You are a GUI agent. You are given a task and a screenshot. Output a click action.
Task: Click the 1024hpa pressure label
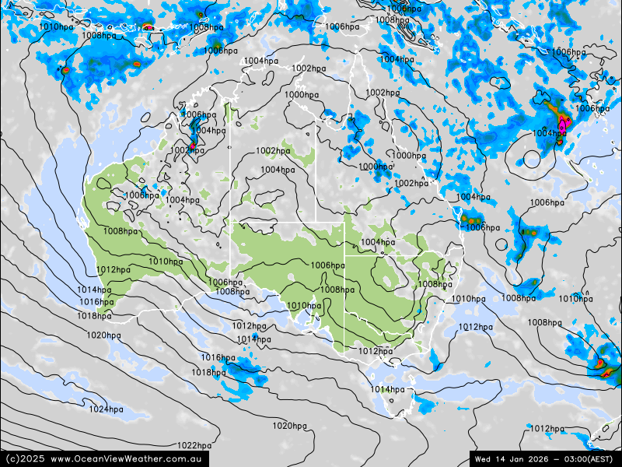pos(106,409)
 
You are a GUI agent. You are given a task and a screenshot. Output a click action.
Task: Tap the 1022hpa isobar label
pos(194,446)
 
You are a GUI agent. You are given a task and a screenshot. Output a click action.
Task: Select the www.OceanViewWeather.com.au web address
pos(128,459)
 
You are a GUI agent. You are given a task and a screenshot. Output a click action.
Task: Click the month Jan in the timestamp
pos(517,458)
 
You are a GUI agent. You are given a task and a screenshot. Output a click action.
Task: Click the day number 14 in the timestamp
pos(500,458)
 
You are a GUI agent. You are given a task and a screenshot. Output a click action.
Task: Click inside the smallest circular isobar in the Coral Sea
pos(531,160)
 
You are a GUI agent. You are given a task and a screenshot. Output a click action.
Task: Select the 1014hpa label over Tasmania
pos(388,389)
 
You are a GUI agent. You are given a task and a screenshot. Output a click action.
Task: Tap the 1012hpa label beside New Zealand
pos(547,429)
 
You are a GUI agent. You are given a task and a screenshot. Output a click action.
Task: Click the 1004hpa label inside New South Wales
pos(378,242)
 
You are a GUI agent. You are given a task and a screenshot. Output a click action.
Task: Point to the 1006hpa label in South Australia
pos(327,265)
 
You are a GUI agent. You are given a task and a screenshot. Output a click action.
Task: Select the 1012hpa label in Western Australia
pos(114,270)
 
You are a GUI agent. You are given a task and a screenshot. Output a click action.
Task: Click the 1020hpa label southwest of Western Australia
pos(103,335)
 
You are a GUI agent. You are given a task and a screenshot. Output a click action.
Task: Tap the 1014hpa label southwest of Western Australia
pos(94,290)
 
